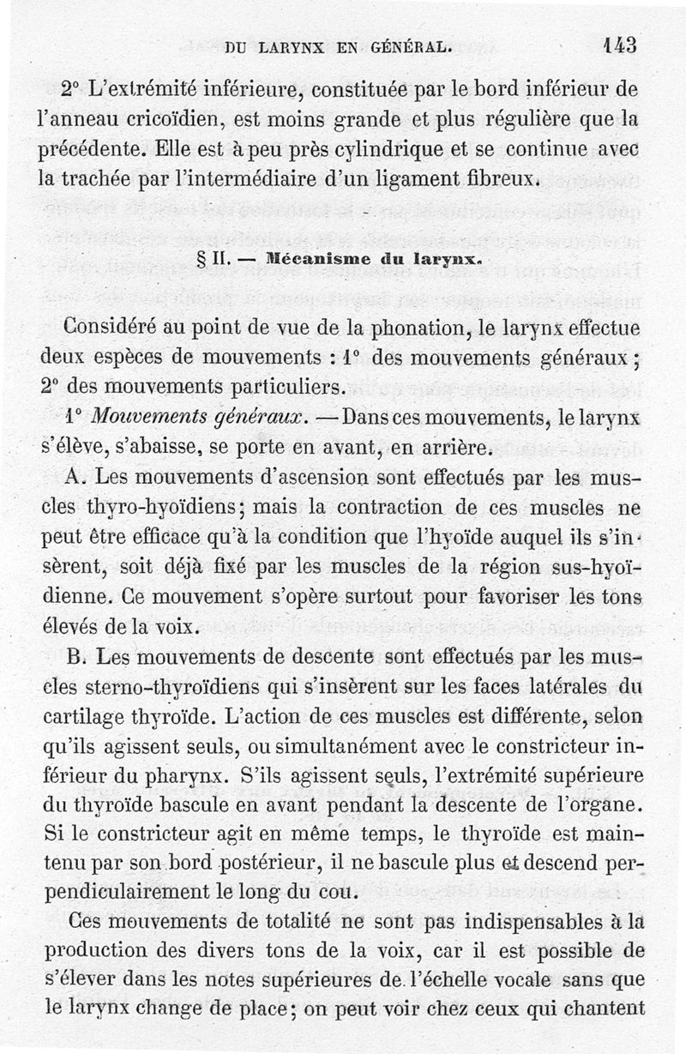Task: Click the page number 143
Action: [619, 45]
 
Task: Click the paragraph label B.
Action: [75, 659]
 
